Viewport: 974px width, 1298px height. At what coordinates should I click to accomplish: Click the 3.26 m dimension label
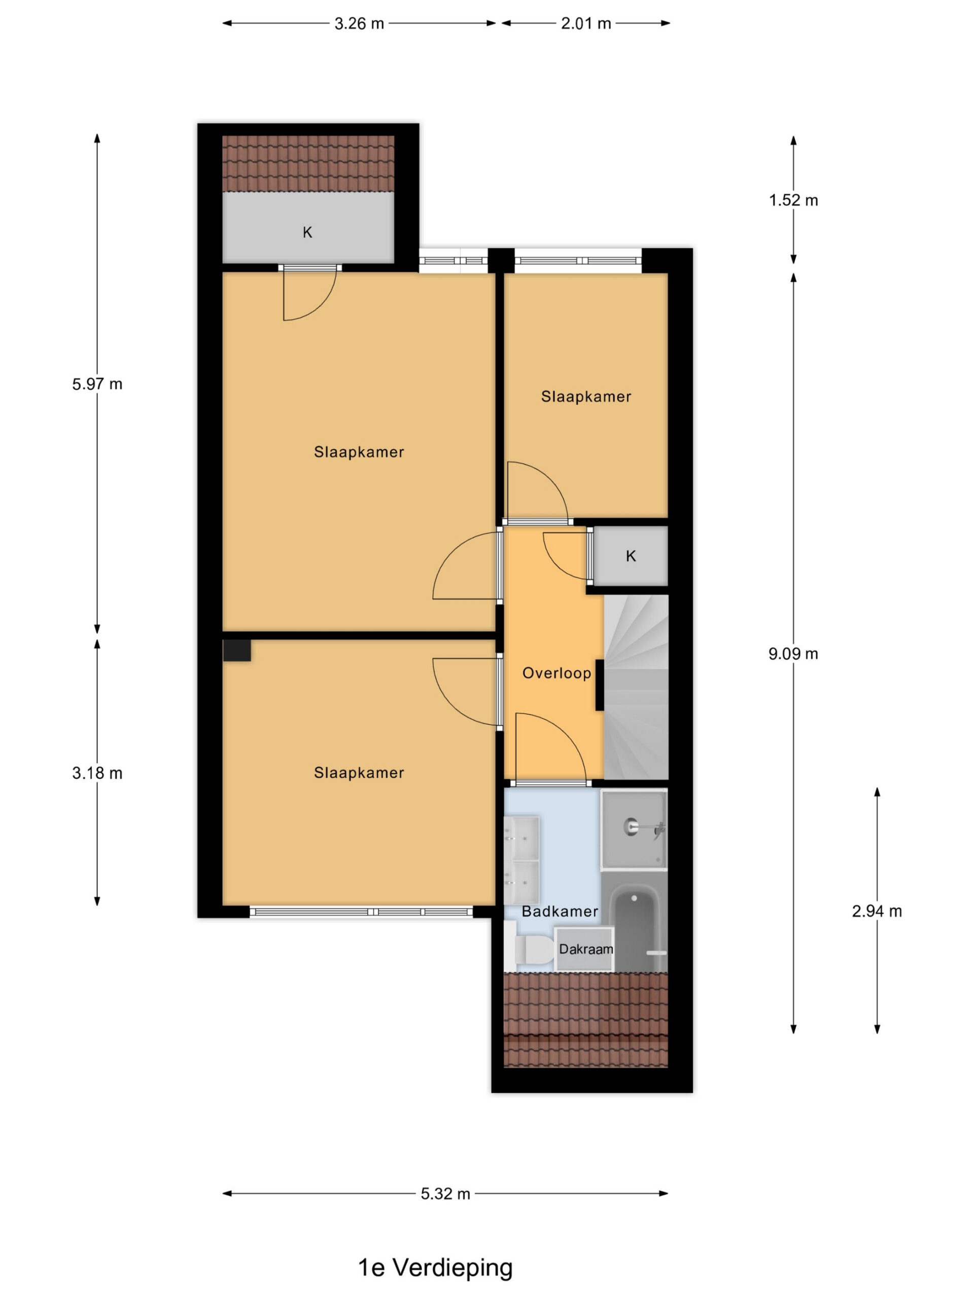[359, 23]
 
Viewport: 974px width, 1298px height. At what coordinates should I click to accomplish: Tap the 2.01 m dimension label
[585, 23]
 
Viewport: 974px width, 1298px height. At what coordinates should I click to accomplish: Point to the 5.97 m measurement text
[97, 384]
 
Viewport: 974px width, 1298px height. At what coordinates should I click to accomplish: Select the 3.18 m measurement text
[97, 773]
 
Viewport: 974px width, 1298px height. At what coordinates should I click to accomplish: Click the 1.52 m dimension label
[793, 200]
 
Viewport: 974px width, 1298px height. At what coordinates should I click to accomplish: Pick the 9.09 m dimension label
[793, 654]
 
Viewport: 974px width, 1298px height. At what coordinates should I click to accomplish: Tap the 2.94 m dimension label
[877, 911]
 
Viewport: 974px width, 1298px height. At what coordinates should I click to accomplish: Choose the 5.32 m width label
[445, 1194]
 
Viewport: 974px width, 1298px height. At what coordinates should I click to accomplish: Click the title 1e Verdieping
[435, 1267]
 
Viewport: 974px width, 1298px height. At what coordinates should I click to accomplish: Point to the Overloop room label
[556, 673]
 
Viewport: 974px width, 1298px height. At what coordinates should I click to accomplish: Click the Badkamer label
[560, 911]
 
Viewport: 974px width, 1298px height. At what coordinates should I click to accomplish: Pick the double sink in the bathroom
[521, 859]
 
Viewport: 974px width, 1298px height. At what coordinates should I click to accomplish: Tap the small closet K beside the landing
[631, 556]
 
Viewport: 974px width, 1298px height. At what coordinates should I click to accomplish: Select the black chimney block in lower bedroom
[236, 650]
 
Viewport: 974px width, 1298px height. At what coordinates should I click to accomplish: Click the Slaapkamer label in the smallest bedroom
[586, 396]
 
